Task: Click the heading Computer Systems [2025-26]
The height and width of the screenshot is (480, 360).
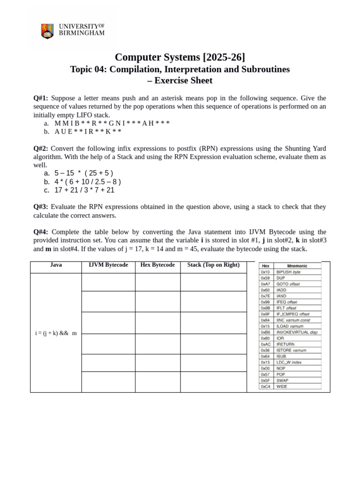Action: tap(180, 57)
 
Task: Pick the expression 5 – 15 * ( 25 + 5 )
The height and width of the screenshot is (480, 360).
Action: tap(83, 173)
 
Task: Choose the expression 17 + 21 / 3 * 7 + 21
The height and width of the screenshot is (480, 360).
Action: tap(84, 190)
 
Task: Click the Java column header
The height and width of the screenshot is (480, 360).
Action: tap(56, 265)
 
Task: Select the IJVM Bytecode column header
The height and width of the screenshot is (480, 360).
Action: tap(108, 265)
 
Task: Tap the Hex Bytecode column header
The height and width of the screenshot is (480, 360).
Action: tap(157, 265)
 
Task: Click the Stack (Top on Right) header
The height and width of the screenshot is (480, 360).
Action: tap(213, 265)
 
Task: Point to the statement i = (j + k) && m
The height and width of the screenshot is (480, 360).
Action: tap(56, 333)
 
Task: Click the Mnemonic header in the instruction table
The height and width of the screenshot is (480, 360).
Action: tap(297, 266)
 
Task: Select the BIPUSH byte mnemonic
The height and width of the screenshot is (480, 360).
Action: tap(288, 272)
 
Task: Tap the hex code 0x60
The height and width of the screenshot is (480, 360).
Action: tap(265, 290)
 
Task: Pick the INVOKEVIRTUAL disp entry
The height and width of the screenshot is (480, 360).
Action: tap(297, 332)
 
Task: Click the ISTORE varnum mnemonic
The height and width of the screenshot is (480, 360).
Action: tap(291, 350)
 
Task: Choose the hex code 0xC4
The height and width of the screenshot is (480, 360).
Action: tap(265, 387)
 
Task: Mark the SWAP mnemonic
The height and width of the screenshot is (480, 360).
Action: tap(282, 381)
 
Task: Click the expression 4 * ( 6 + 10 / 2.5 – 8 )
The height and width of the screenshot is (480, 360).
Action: tap(88, 181)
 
